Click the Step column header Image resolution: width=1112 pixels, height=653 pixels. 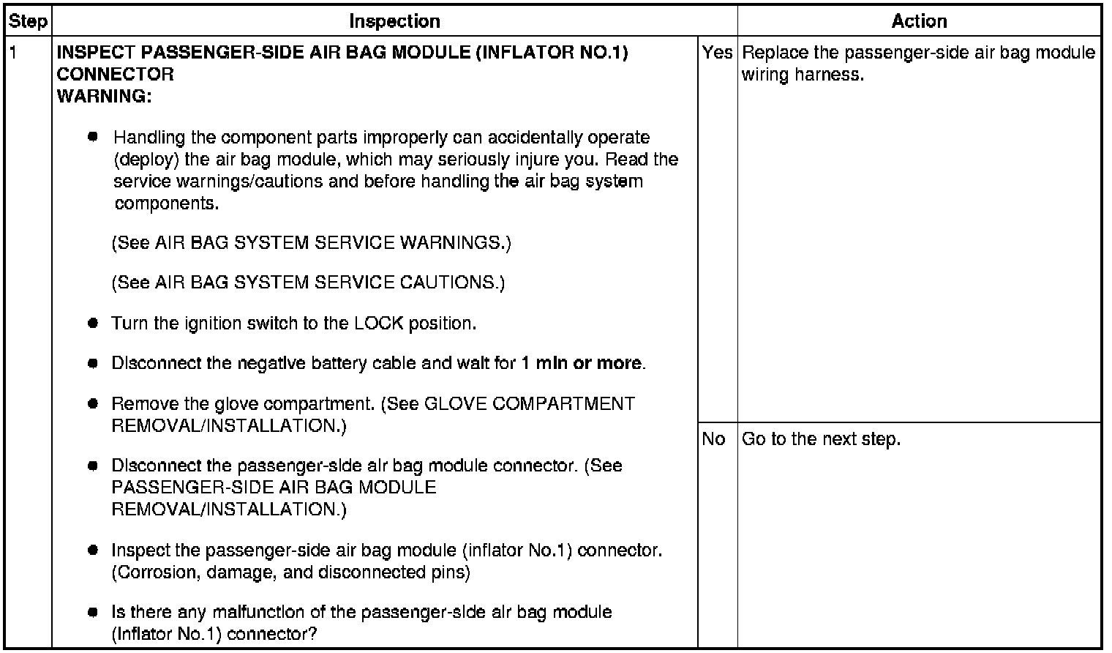coord(28,21)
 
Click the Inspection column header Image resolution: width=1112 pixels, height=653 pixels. coord(394,21)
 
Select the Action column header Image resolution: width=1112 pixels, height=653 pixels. coord(919,21)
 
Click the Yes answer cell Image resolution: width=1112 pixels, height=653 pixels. coord(717,53)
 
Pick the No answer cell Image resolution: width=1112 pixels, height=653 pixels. coord(713,439)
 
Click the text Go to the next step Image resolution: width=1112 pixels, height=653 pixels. coord(821,439)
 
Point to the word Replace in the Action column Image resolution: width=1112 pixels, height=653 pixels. coord(773,53)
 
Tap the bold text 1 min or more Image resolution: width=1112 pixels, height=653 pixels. coord(582,363)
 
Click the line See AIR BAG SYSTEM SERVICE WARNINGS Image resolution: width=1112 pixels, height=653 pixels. coord(311,243)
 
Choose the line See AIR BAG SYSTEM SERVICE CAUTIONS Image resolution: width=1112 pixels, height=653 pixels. coord(308,283)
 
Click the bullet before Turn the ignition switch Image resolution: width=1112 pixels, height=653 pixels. coord(93,323)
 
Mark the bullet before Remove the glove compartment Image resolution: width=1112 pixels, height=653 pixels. coord(93,403)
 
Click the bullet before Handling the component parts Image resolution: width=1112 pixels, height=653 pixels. coord(93,137)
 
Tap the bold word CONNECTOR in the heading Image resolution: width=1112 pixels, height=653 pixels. coord(115,75)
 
